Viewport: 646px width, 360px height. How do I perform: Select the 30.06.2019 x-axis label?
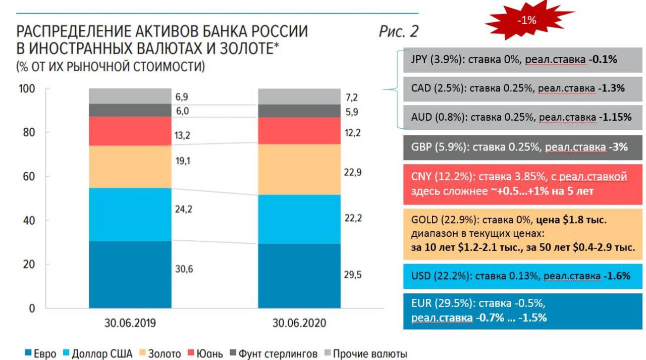(130, 323)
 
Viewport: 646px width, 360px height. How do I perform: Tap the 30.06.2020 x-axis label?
(299, 323)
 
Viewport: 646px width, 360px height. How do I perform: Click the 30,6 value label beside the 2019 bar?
(184, 269)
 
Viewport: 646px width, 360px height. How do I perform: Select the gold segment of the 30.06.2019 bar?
(130, 167)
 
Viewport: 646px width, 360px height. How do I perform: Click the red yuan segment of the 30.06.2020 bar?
(299, 131)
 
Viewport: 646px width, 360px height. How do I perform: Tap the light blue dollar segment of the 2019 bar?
(130, 214)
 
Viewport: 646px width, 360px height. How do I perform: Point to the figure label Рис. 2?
(399, 31)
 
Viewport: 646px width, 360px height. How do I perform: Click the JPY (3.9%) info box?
(523, 60)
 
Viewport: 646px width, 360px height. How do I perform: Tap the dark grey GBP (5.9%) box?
(523, 147)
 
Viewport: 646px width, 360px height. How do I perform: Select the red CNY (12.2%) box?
(523, 184)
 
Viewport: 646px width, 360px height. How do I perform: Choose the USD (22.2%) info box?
(523, 276)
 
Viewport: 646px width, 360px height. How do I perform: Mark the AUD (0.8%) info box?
(523, 117)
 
